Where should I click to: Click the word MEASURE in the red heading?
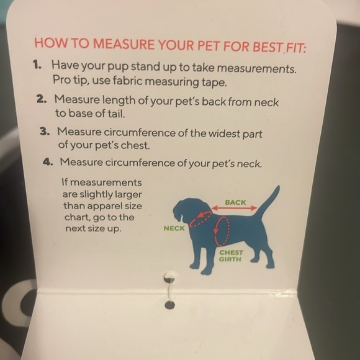coord(124,44)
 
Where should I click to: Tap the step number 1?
coord(37,65)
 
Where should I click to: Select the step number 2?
coord(42,99)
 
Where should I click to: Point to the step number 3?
coord(45,132)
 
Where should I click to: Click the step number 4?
coord(48,161)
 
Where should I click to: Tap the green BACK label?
coord(235,202)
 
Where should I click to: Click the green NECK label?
coord(174,228)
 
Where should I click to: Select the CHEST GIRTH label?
coord(231,256)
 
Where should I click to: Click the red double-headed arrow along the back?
coord(234,208)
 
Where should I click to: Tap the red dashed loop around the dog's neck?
coord(200,218)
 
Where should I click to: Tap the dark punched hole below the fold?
coord(170,305)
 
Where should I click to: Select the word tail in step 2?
coord(117,114)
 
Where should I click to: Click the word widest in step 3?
coord(224,133)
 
